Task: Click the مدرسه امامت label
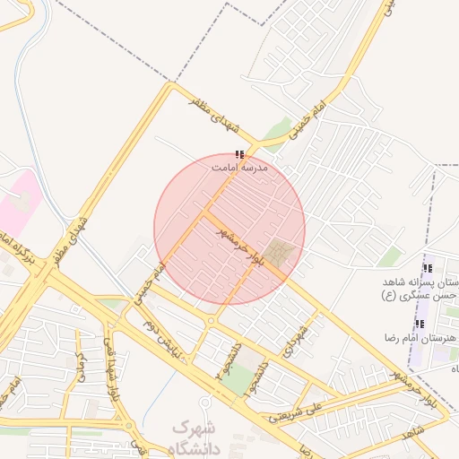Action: point(239,167)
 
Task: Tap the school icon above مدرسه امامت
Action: point(238,154)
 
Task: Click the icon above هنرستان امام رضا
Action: point(420,324)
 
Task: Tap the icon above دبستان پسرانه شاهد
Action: point(428,267)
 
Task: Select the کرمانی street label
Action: point(80,368)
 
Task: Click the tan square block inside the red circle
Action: point(279,253)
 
